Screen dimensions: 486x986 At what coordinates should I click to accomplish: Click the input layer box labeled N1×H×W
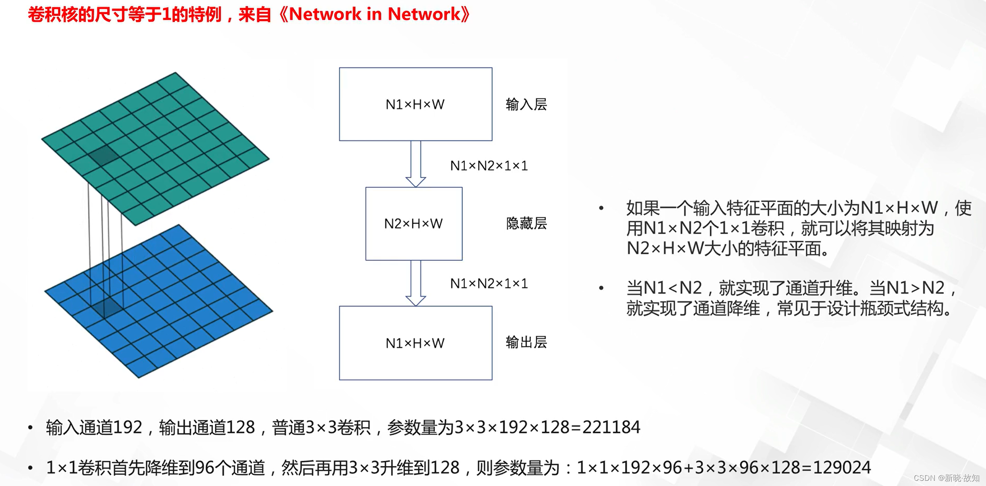coord(415,104)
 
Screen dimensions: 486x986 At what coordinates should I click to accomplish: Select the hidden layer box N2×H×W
coord(414,223)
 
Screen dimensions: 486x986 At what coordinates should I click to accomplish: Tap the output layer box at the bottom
coord(415,343)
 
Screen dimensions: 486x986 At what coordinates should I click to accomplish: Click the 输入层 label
coord(526,104)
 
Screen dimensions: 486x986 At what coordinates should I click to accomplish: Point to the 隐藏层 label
coord(526,223)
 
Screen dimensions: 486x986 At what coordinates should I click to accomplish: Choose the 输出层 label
coord(526,343)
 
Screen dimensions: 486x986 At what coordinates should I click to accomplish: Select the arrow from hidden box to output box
coord(416,283)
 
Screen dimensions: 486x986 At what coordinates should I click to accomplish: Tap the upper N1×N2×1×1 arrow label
coord(489,166)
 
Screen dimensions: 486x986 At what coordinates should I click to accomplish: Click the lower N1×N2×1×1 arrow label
coord(489,283)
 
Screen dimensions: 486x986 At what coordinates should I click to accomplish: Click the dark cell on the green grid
coord(103,156)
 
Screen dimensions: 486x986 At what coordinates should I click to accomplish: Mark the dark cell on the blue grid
coord(107,307)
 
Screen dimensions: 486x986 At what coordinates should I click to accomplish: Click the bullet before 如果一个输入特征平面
coord(602,208)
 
